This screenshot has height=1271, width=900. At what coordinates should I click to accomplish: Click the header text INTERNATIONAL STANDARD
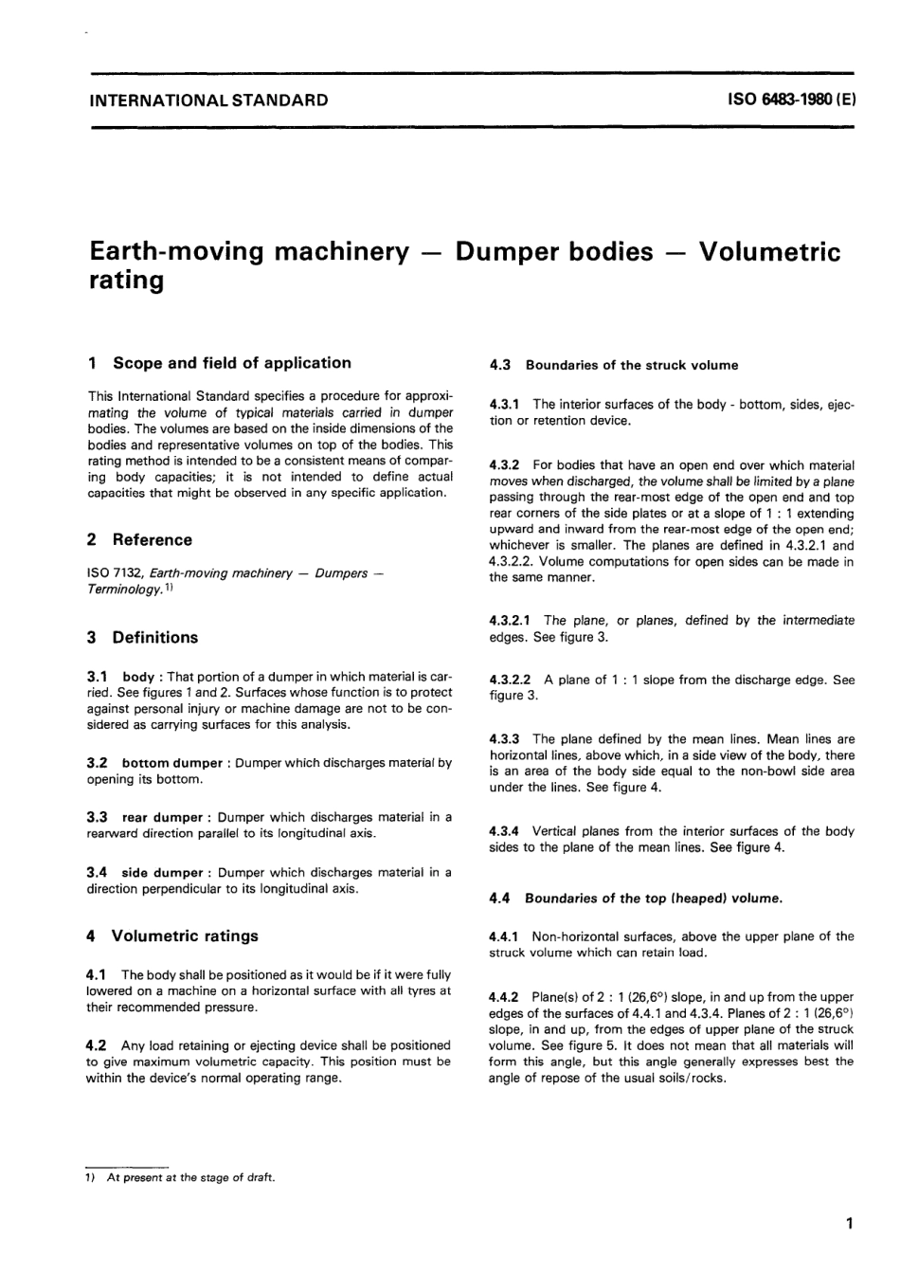[x=207, y=100]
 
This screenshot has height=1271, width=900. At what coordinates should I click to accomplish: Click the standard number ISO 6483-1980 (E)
[x=791, y=100]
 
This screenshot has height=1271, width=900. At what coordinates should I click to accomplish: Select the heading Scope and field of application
[x=231, y=363]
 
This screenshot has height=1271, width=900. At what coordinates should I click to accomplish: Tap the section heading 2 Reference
[x=139, y=540]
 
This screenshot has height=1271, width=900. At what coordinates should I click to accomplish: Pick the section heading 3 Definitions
[x=143, y=638]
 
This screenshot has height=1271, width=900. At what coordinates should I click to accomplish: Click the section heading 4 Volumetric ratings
[x=172, y=936]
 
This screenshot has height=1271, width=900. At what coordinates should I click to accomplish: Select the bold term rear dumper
[x=163, y=817]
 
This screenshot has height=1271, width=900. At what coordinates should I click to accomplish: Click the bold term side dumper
[x=163, y=873]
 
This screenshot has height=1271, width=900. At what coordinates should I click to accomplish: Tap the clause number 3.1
[x=97, y=677]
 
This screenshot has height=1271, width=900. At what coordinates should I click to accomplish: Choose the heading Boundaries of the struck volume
[x=632, y=365]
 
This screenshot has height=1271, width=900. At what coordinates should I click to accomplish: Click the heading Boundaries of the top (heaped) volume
[x=655, y=898]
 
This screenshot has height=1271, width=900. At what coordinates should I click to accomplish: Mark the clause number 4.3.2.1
[x=513, y=621]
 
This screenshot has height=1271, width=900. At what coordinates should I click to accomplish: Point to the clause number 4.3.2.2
[x=513, y=680]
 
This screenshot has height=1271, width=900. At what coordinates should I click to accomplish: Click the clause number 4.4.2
[x=505, y=997]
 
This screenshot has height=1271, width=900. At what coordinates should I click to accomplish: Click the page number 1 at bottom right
[x=850, y=1224]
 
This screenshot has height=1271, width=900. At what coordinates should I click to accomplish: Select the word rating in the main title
[x=126, y=281]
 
